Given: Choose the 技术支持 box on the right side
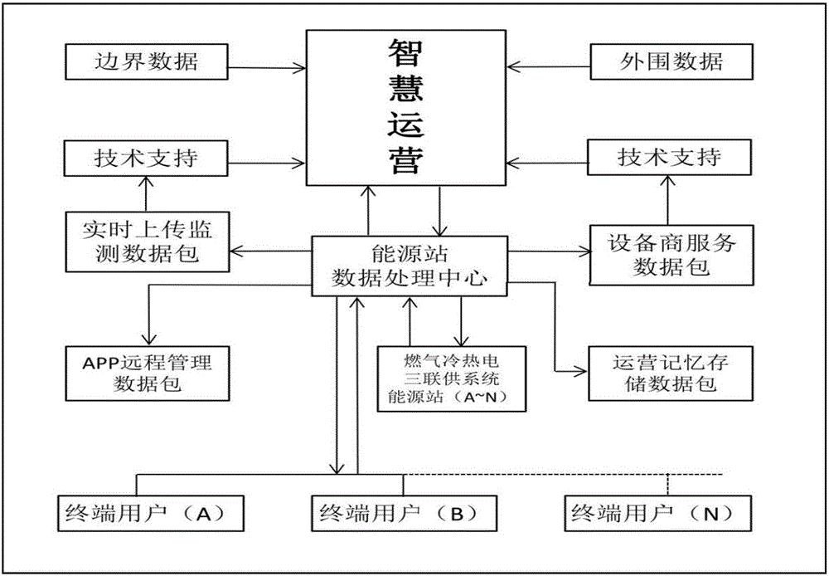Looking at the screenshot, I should point(670,158).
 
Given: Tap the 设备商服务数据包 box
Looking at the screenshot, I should point(671,253).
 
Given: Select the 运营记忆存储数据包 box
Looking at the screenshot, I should point(671,372).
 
